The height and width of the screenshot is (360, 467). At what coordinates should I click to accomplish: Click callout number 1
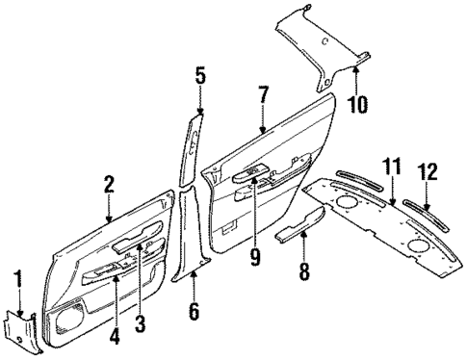coord(17,282)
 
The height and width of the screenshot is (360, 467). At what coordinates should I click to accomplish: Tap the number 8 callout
coord(304,272)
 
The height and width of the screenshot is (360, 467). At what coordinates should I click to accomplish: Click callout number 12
coord(428,172)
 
